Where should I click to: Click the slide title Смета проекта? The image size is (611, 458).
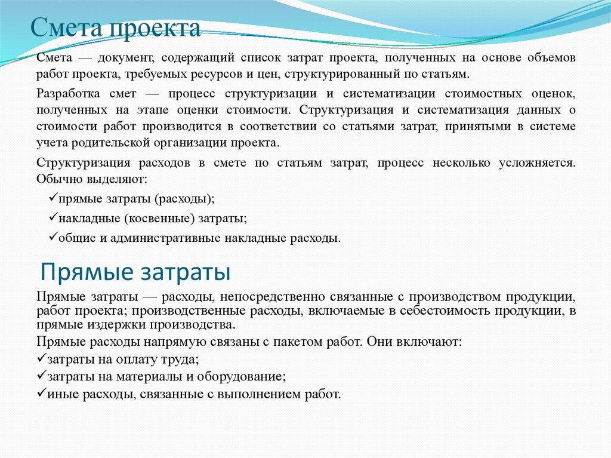pyautogui.click(x=116, y=29)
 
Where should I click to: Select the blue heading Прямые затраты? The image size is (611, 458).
pyautogui.click(x=135, y=272)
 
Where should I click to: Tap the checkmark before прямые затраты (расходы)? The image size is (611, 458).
pyautogui.click(x=51, y=198)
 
